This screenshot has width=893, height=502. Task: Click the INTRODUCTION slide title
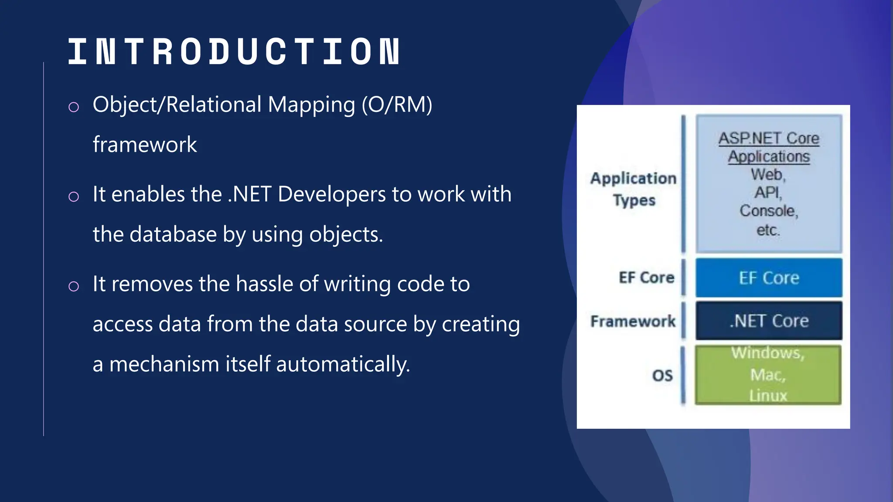234,52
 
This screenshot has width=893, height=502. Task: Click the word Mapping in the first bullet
311,105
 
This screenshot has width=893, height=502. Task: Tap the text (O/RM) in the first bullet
397,105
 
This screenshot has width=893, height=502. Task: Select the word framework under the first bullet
145,145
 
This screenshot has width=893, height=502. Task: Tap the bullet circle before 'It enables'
74,197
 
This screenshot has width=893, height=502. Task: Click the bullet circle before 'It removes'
74,286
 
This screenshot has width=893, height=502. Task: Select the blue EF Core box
768,278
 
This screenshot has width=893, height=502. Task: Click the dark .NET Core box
768,321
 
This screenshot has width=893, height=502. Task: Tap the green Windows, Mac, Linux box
767,375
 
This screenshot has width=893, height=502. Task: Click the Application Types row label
634,189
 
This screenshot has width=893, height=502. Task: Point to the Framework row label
633,321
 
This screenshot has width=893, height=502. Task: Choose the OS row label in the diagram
662,375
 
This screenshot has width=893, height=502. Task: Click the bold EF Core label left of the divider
646,278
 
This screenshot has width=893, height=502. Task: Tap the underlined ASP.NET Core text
768,139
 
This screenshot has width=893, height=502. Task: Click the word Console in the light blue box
767,211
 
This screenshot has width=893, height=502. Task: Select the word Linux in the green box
768,395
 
